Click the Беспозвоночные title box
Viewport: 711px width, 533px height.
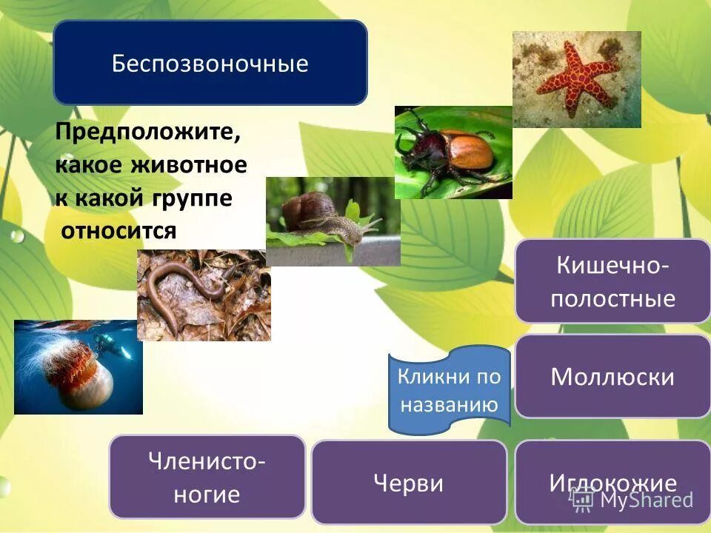point(210,63)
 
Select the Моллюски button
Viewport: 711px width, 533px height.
point(612,377)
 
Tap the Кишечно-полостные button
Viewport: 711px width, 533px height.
point(612,282)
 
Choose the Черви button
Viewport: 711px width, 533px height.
point(409,483)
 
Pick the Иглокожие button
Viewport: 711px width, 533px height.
point(612,483)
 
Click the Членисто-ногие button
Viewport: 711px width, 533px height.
point(207,477)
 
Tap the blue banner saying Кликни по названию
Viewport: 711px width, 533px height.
point(449,390)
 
